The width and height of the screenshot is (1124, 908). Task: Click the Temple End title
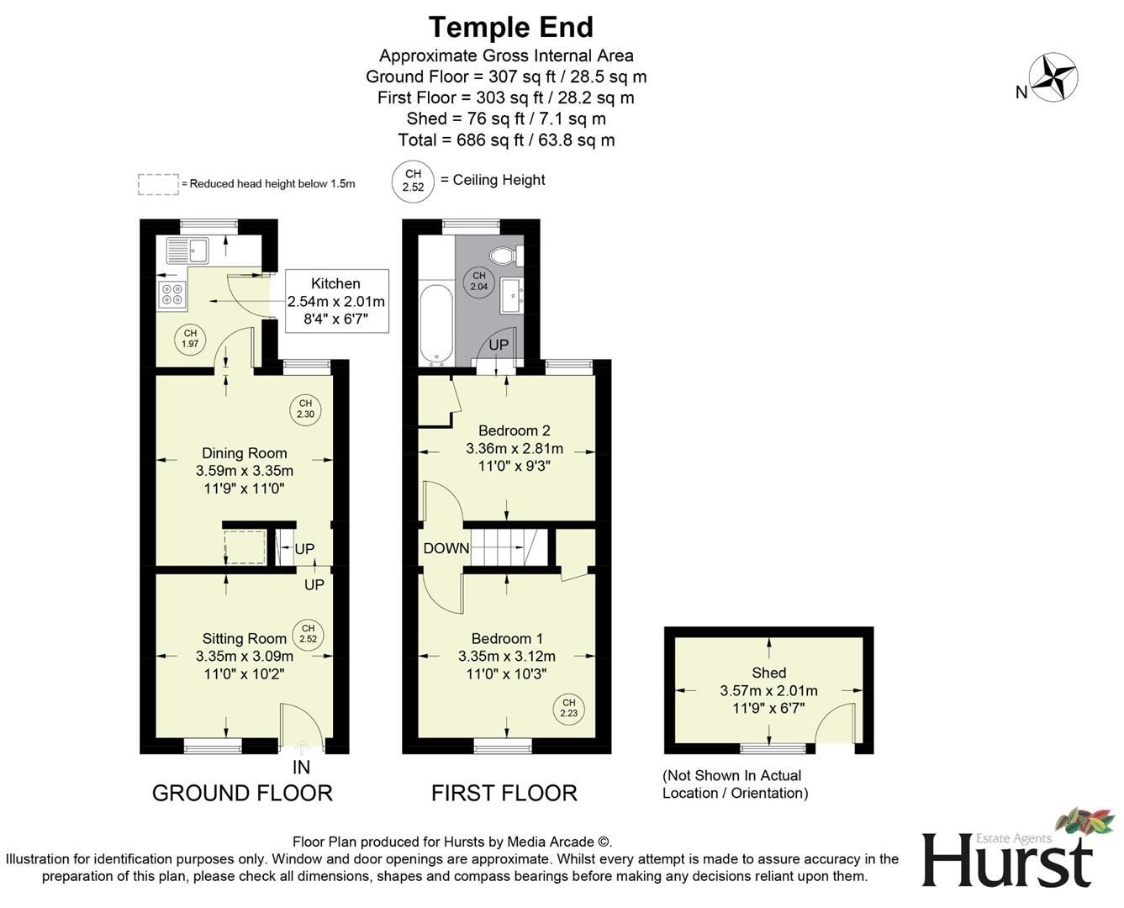coord(511,27)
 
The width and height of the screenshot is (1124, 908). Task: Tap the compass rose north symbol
coord(1053,77)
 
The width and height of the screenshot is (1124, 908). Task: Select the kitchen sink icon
coord(187,251)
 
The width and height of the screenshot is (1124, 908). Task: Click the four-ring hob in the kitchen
coord(172,294)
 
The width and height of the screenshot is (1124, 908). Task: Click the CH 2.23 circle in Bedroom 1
coord(568,709)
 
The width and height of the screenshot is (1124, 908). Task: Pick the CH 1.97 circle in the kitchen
coord(191,339)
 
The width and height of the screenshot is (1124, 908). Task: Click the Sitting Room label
coord(244,639)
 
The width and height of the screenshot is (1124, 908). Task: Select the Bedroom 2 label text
coord(514,430)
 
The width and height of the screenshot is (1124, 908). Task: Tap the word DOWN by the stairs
coord(446,548)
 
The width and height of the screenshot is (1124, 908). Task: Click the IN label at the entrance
coord(301,767)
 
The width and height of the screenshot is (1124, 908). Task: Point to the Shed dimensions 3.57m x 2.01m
coord(768,690)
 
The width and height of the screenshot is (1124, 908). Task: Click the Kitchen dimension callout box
coord(336,301)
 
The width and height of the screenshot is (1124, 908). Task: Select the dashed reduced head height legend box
coord(158,184)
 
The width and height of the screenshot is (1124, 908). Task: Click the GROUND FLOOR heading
coord(242,793)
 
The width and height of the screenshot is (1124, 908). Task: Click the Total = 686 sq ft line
coord(506,140)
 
